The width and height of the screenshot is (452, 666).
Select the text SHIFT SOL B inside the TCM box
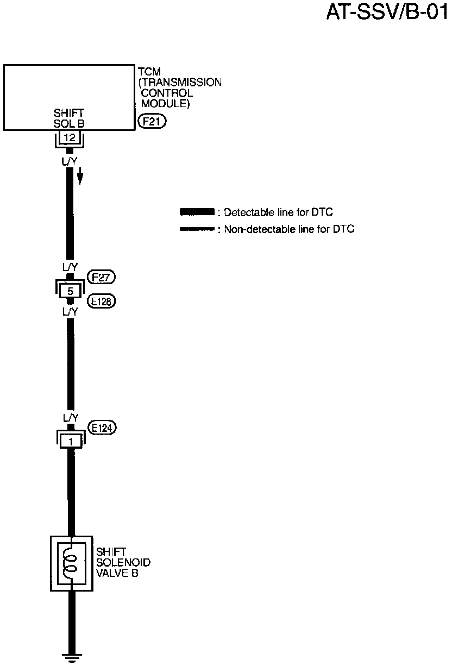pyautogui.click(x=69, y=118)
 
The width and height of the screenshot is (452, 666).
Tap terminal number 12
pyautogui.click(x=70, y=137)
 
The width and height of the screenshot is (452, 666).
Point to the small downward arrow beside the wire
pyautogui.click(x=80, y=176)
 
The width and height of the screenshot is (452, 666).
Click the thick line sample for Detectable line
pyautogui.click(x=197, y=212)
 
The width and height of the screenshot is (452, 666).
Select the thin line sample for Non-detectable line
pyautogui.click(x=197, y=229)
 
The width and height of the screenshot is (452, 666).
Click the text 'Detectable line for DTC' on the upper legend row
pyautogui.click(x=278, y=212)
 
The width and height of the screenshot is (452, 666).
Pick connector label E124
pyautogui.click(x=102, y=428)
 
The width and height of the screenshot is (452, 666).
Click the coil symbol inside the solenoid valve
pyautogui.click(x=70, y=563)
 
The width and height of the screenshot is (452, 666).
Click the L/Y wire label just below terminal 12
pyautogui.click(x=70, y=161)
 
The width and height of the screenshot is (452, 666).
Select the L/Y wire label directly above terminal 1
pyautogui.click(x=70, y=418)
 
